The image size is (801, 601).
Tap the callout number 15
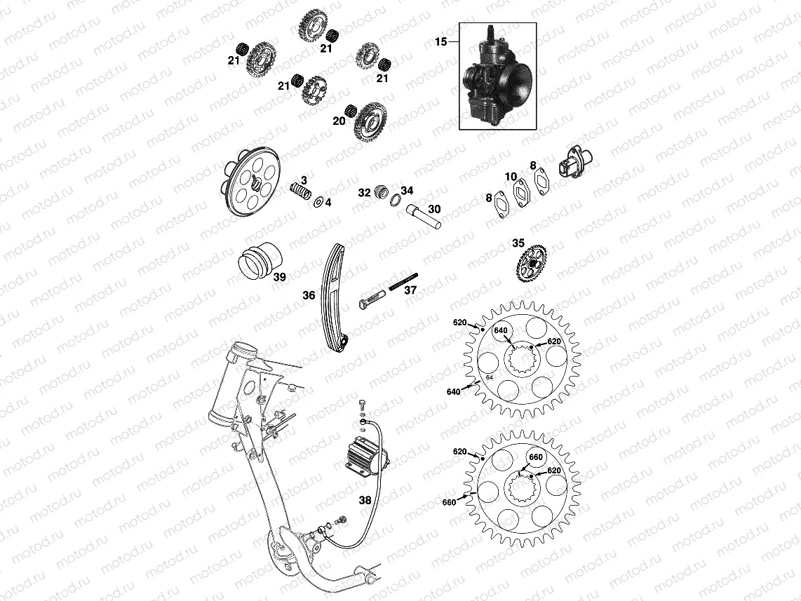click(441, 42)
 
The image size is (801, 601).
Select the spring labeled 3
click(301, 193)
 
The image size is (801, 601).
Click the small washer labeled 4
click(318, 202)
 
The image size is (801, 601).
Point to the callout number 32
click(364, 193)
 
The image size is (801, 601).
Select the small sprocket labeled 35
click(532, 263)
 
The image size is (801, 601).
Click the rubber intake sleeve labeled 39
click(260, 261)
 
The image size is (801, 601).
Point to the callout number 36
click(309, 295)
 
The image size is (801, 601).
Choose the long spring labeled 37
click(403, 281)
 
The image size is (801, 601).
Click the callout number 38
click(365, 500)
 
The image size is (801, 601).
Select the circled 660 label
click(535, 457)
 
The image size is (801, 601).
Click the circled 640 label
click(501, 330)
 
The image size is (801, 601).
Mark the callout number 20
click(339, 121)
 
